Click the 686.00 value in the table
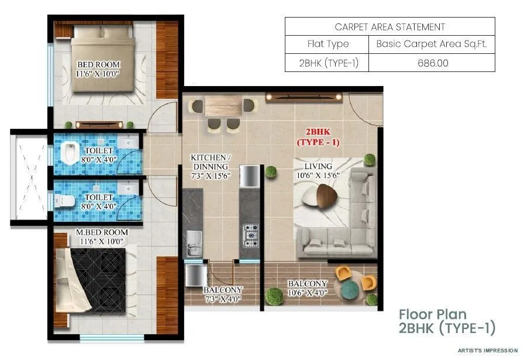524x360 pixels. point(432,63)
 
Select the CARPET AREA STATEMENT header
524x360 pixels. point(390,27)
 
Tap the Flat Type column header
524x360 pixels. point(327,44)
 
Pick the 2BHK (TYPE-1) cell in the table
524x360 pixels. point(327,63)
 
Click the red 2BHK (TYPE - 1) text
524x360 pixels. point(318,137)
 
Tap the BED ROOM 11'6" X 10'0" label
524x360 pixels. point(98,69)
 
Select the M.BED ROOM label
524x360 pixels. point(102,236)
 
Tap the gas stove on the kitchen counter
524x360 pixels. point(251,235)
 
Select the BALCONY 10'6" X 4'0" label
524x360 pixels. point(308,289)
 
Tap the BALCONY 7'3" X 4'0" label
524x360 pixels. point(222,294)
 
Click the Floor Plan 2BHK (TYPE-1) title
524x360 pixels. point(447,321)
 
